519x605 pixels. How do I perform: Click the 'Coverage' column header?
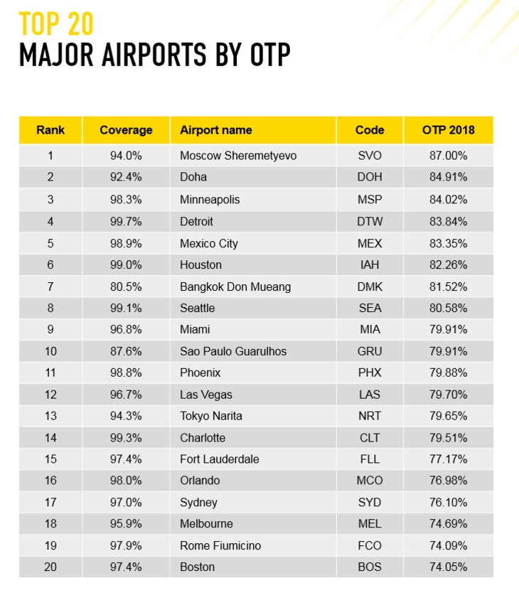[126, 130]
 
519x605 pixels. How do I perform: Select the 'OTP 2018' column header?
[448, 130]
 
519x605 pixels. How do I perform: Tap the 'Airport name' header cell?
[215, 130]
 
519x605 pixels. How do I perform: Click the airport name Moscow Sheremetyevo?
[237, 156]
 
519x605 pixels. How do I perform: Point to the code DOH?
[370, 178]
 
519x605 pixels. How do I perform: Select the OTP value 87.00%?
[448, 156]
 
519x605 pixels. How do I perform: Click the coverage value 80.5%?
[126, 287]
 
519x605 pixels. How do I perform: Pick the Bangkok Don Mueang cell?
[235, 287]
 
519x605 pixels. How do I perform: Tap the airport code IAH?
[370, 265]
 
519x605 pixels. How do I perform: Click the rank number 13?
[50, 416]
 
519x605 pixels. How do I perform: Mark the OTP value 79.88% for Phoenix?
[448, 373]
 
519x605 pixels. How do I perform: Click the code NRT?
[370, 416]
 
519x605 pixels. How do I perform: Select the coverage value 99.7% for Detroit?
[126, 221]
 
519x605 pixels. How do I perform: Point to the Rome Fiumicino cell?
[220, 545]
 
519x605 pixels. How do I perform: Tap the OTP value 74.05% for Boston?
[448, 567]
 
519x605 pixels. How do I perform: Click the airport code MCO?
[370, 481]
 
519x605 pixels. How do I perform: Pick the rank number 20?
[50, 567]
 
